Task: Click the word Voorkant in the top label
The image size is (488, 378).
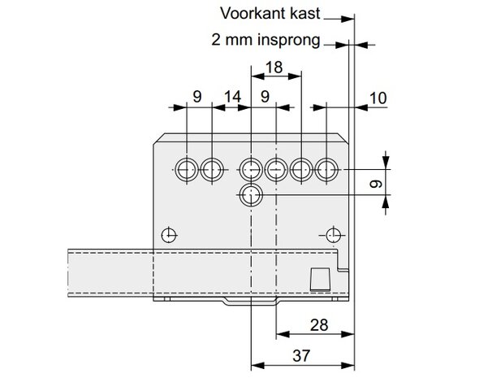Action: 253,13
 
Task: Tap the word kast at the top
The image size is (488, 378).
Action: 304,13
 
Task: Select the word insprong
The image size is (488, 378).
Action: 288,40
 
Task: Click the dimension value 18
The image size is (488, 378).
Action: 274,67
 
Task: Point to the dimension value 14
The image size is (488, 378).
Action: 232,97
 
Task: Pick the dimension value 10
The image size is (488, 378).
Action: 378,98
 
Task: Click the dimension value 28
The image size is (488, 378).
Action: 319,325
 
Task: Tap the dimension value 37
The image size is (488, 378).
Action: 301,356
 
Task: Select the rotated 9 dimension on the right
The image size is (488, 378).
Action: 376,184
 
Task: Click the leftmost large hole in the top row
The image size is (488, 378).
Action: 187,170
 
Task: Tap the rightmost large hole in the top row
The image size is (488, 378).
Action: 326,170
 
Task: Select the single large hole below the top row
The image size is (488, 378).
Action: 251,195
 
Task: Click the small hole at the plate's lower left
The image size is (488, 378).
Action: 170,235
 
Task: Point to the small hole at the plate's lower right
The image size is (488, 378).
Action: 334,235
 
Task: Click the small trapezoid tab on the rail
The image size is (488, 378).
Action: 320,279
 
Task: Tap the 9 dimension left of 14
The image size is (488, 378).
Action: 197,97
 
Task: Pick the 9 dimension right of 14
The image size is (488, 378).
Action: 265,97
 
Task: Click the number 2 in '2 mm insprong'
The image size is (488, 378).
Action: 216,40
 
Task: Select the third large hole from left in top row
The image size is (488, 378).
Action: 251,170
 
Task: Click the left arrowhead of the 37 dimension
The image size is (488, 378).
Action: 257,365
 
